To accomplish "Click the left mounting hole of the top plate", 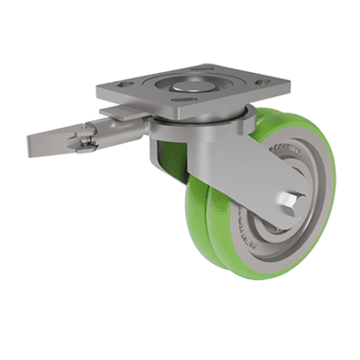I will coord(122,87).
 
